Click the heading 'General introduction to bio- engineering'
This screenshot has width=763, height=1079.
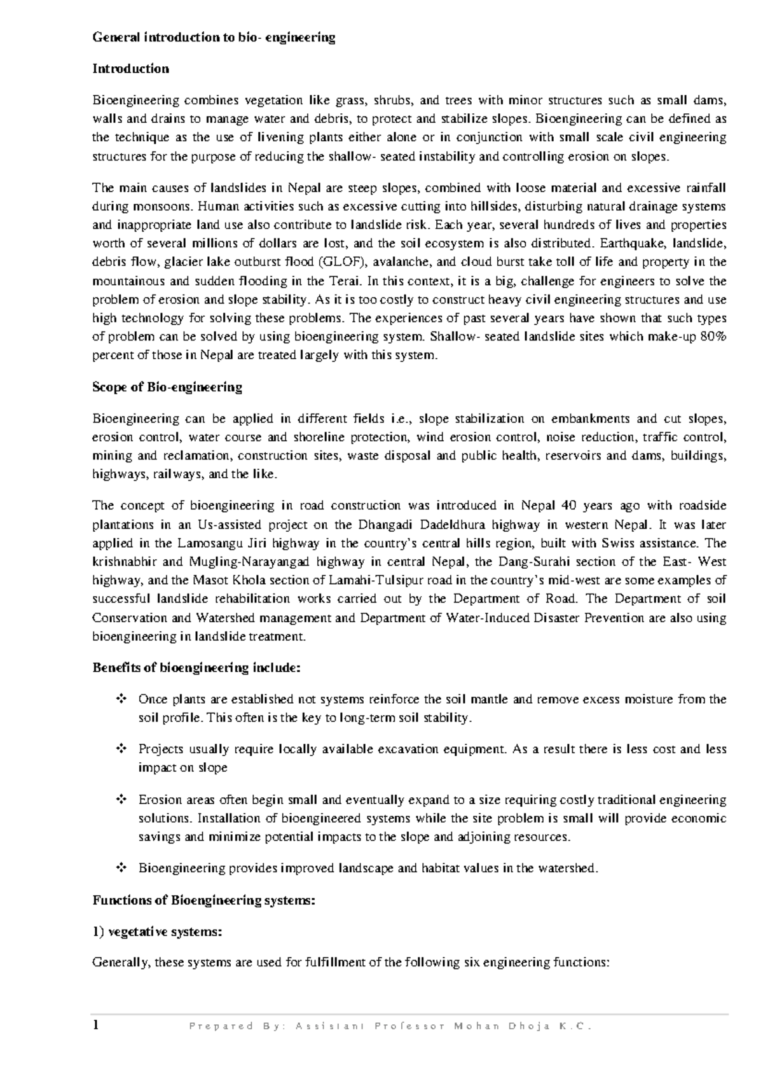[214, 38]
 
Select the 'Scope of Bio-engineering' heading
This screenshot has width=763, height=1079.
[167, 387]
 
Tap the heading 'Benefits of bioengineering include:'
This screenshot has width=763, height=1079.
[196, 668]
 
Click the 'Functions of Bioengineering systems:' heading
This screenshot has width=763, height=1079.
[203, 900]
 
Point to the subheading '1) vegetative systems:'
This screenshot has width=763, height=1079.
[157, 931]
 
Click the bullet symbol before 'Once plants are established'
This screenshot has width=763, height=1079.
[120, 700]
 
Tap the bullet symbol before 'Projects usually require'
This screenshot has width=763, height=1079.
[120, 749]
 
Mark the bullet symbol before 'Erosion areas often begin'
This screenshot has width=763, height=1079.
[120, 800]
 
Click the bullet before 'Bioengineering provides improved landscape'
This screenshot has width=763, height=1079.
[120, 868]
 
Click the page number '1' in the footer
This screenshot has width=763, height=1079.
[96, 1025]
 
